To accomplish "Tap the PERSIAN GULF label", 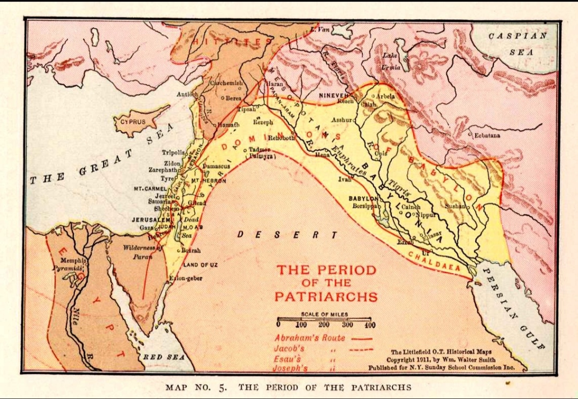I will point(514,308).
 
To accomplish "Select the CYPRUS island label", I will point(132,122).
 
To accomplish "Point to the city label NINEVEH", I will point(333,95).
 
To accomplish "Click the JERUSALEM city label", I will point(151,220).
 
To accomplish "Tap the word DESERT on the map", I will point(287,235).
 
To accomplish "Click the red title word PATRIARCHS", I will point(326,296).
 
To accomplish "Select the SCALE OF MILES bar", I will point(324,319).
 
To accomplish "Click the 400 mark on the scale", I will point(369,325).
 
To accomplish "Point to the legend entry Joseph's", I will point(290,368).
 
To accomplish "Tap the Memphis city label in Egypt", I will point(73,260).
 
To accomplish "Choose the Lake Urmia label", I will point(391,62).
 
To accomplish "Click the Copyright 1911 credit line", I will point(440,359).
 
